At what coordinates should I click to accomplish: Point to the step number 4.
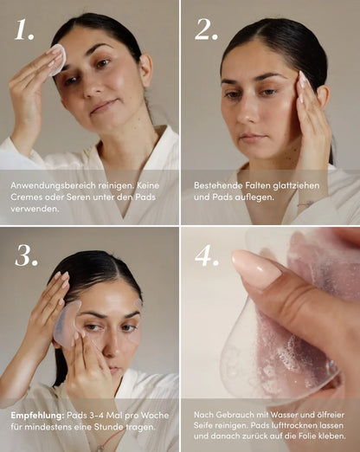207,255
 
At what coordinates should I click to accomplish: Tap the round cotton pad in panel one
56,58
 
